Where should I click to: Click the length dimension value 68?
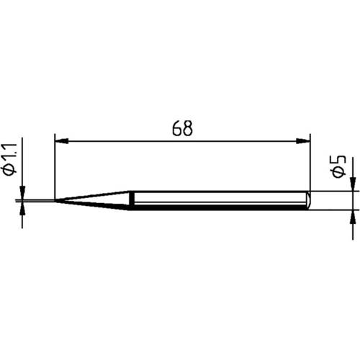pyautogui.click(x=182, y=129)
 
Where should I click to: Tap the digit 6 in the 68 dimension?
pyautogui.click(x=176, y=129)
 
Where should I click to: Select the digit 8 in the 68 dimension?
pyautogui.click(x=188, y=129)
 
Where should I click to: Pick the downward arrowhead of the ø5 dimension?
pyautogui.click(x=353, y=186)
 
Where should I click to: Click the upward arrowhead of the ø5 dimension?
pyautogui.click(x=353, y=214)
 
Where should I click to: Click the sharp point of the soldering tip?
pyautogui.click(x=56, y=200)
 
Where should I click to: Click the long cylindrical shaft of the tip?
pyautogui.click(x=216, y=200)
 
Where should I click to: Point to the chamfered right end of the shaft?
pyautogui.click(x=308, y=200)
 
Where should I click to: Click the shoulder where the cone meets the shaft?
pyautogui.click(x=130, y=200)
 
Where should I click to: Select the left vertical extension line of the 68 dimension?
pyautogui.click(x=55, y=166)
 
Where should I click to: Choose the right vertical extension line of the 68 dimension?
pyautogui.click(x=310, y=162)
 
